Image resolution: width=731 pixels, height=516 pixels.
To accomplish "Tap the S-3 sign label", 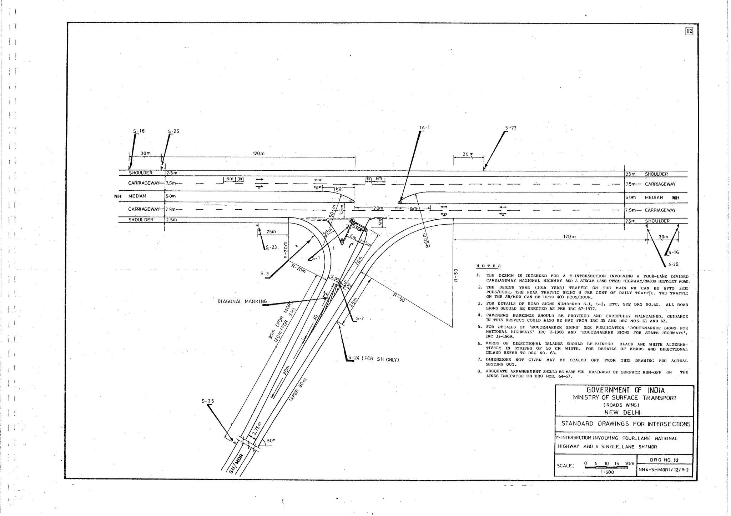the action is [264, 274].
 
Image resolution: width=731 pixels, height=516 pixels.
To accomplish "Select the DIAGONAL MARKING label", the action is [242, 301].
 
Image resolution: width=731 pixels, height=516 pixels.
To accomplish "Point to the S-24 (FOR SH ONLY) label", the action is [373, 359].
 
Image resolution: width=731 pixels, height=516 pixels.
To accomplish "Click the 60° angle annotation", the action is [271, 441].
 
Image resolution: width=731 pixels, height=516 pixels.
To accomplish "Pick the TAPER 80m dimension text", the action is [298, 390].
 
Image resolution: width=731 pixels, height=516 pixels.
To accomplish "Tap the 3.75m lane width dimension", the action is [257, 429].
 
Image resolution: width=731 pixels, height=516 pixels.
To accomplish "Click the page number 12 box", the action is [689, 31].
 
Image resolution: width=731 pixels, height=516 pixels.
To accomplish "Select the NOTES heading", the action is [489, 266].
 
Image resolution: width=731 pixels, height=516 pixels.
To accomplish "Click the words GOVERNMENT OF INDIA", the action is [626, 390].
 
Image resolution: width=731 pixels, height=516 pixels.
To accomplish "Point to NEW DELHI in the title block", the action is [622, 412].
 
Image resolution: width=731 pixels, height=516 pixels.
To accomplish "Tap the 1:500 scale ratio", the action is [607, 472].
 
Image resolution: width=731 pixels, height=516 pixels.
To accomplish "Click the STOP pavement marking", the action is [358, 227].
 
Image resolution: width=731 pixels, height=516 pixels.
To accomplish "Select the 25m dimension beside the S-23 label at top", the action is [468, 154].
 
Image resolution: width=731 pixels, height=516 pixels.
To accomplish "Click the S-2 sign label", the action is [360, 319].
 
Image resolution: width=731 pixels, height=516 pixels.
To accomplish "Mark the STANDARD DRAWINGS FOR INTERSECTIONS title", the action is [625, 424].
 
